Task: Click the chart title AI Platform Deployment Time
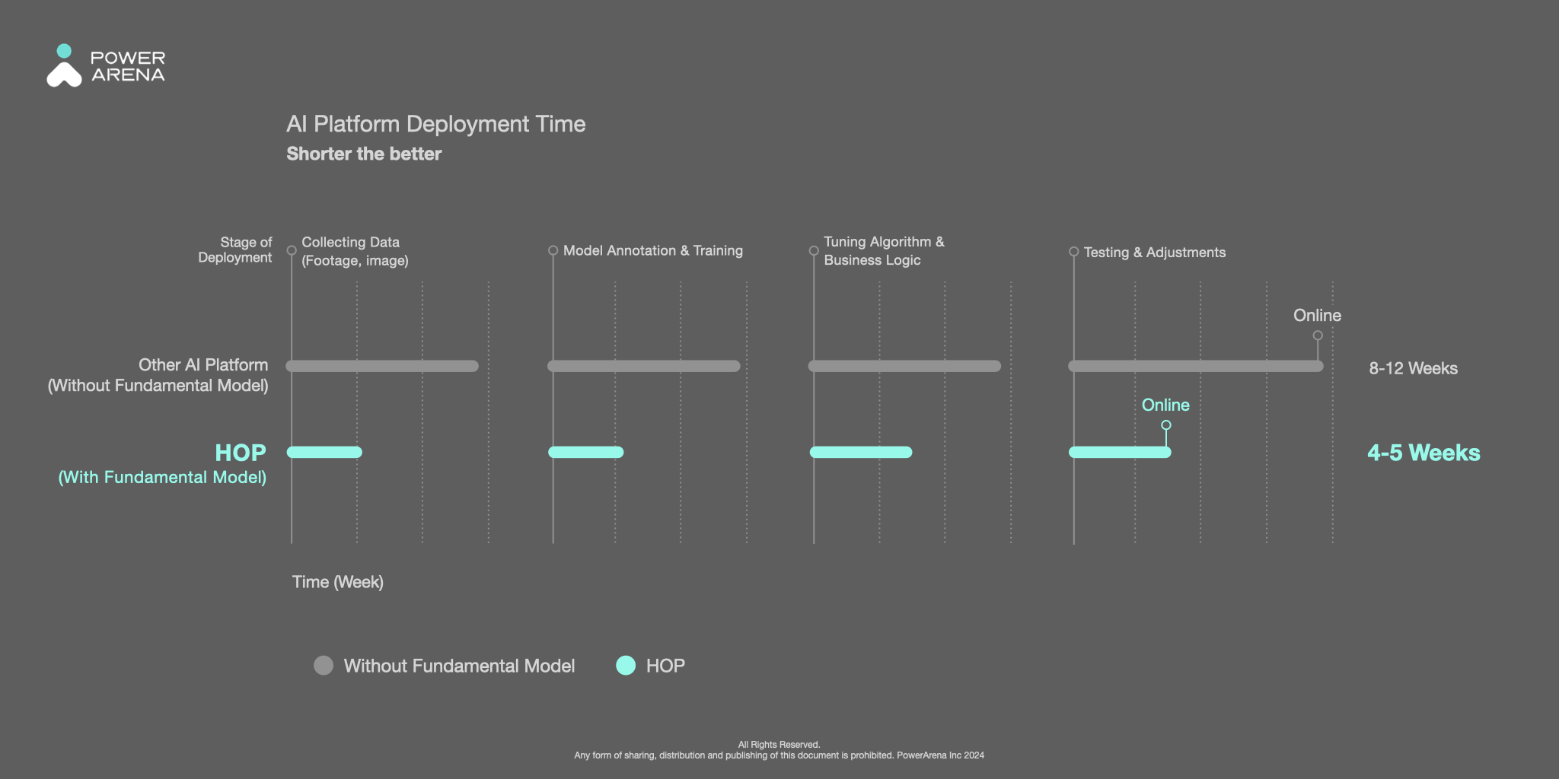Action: [x=436, y=124]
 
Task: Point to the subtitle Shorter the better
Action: [x=364, y=154]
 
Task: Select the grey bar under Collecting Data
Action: [x=382, y=366]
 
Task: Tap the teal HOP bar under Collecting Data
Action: [x=324, y=452]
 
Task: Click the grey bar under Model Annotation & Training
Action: [x=644, y=366]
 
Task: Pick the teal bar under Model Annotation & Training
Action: [x=586, y=452]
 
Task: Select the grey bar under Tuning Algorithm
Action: [x=904, y=366]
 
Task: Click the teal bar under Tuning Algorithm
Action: [x=861, y=452]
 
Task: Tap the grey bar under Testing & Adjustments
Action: [x=1196, y=366]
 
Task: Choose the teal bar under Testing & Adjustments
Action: [x=1120, y=452]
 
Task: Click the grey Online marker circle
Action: [x=1318, y=335]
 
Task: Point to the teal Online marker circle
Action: [x=1166, y=425]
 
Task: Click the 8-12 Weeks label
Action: [x=1414, y=368]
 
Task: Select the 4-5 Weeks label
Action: [x=1424, y=453]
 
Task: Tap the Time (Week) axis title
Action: [x=338, y=582]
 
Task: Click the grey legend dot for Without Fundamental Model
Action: [x=324, y=666]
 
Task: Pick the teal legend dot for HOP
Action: [x=626, y=666]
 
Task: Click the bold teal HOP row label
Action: [x=241, y=453]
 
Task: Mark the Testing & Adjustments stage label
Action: [x=1155, y=253]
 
